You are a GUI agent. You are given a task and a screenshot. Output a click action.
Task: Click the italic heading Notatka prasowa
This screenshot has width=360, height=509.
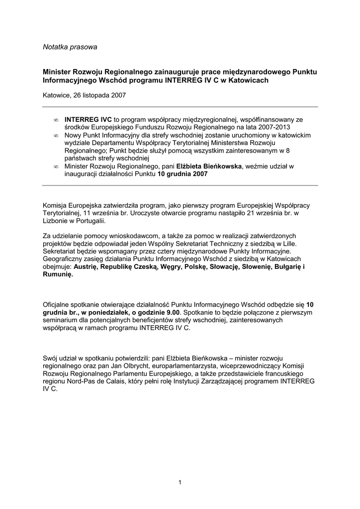point(70,47)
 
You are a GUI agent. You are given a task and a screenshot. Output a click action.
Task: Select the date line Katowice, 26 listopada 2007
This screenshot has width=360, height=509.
point(84,95)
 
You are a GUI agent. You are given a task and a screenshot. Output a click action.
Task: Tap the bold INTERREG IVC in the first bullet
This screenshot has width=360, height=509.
point(89,120)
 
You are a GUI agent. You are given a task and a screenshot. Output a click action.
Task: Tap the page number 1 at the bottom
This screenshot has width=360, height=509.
point(180,482)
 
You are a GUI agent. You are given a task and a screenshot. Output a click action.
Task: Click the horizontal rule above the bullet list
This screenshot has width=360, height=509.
point(180,107)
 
